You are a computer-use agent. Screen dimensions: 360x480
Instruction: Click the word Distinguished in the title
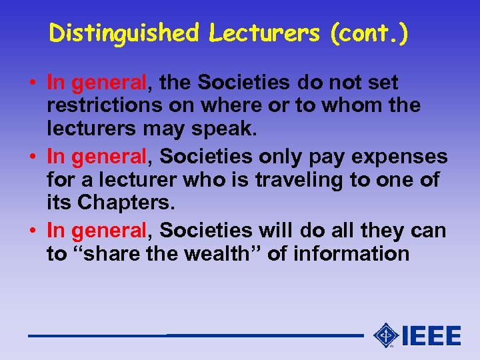(124, 33)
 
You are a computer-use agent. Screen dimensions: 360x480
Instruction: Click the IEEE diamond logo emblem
(386, 335)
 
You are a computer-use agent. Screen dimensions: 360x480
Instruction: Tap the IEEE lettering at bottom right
(431, 335)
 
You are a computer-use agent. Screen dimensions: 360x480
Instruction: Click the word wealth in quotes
(227, 254)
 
